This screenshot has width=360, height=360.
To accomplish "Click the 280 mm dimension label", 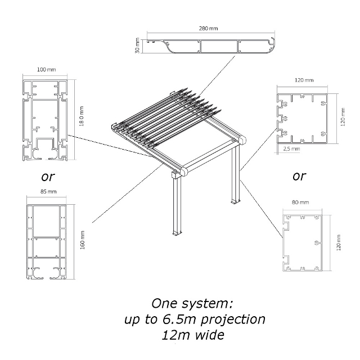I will [x=208, y=28].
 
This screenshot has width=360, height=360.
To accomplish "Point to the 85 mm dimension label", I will [x=48, y=192].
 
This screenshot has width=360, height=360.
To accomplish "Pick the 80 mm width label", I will [x=301, y=202].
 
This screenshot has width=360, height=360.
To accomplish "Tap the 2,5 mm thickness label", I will [x=291, y=149].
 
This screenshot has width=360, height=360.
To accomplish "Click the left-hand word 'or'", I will [x=48, y=176].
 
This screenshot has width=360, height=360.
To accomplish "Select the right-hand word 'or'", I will [x=299, y=176].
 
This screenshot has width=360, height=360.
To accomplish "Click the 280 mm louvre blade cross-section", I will [x=211, y=46].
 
